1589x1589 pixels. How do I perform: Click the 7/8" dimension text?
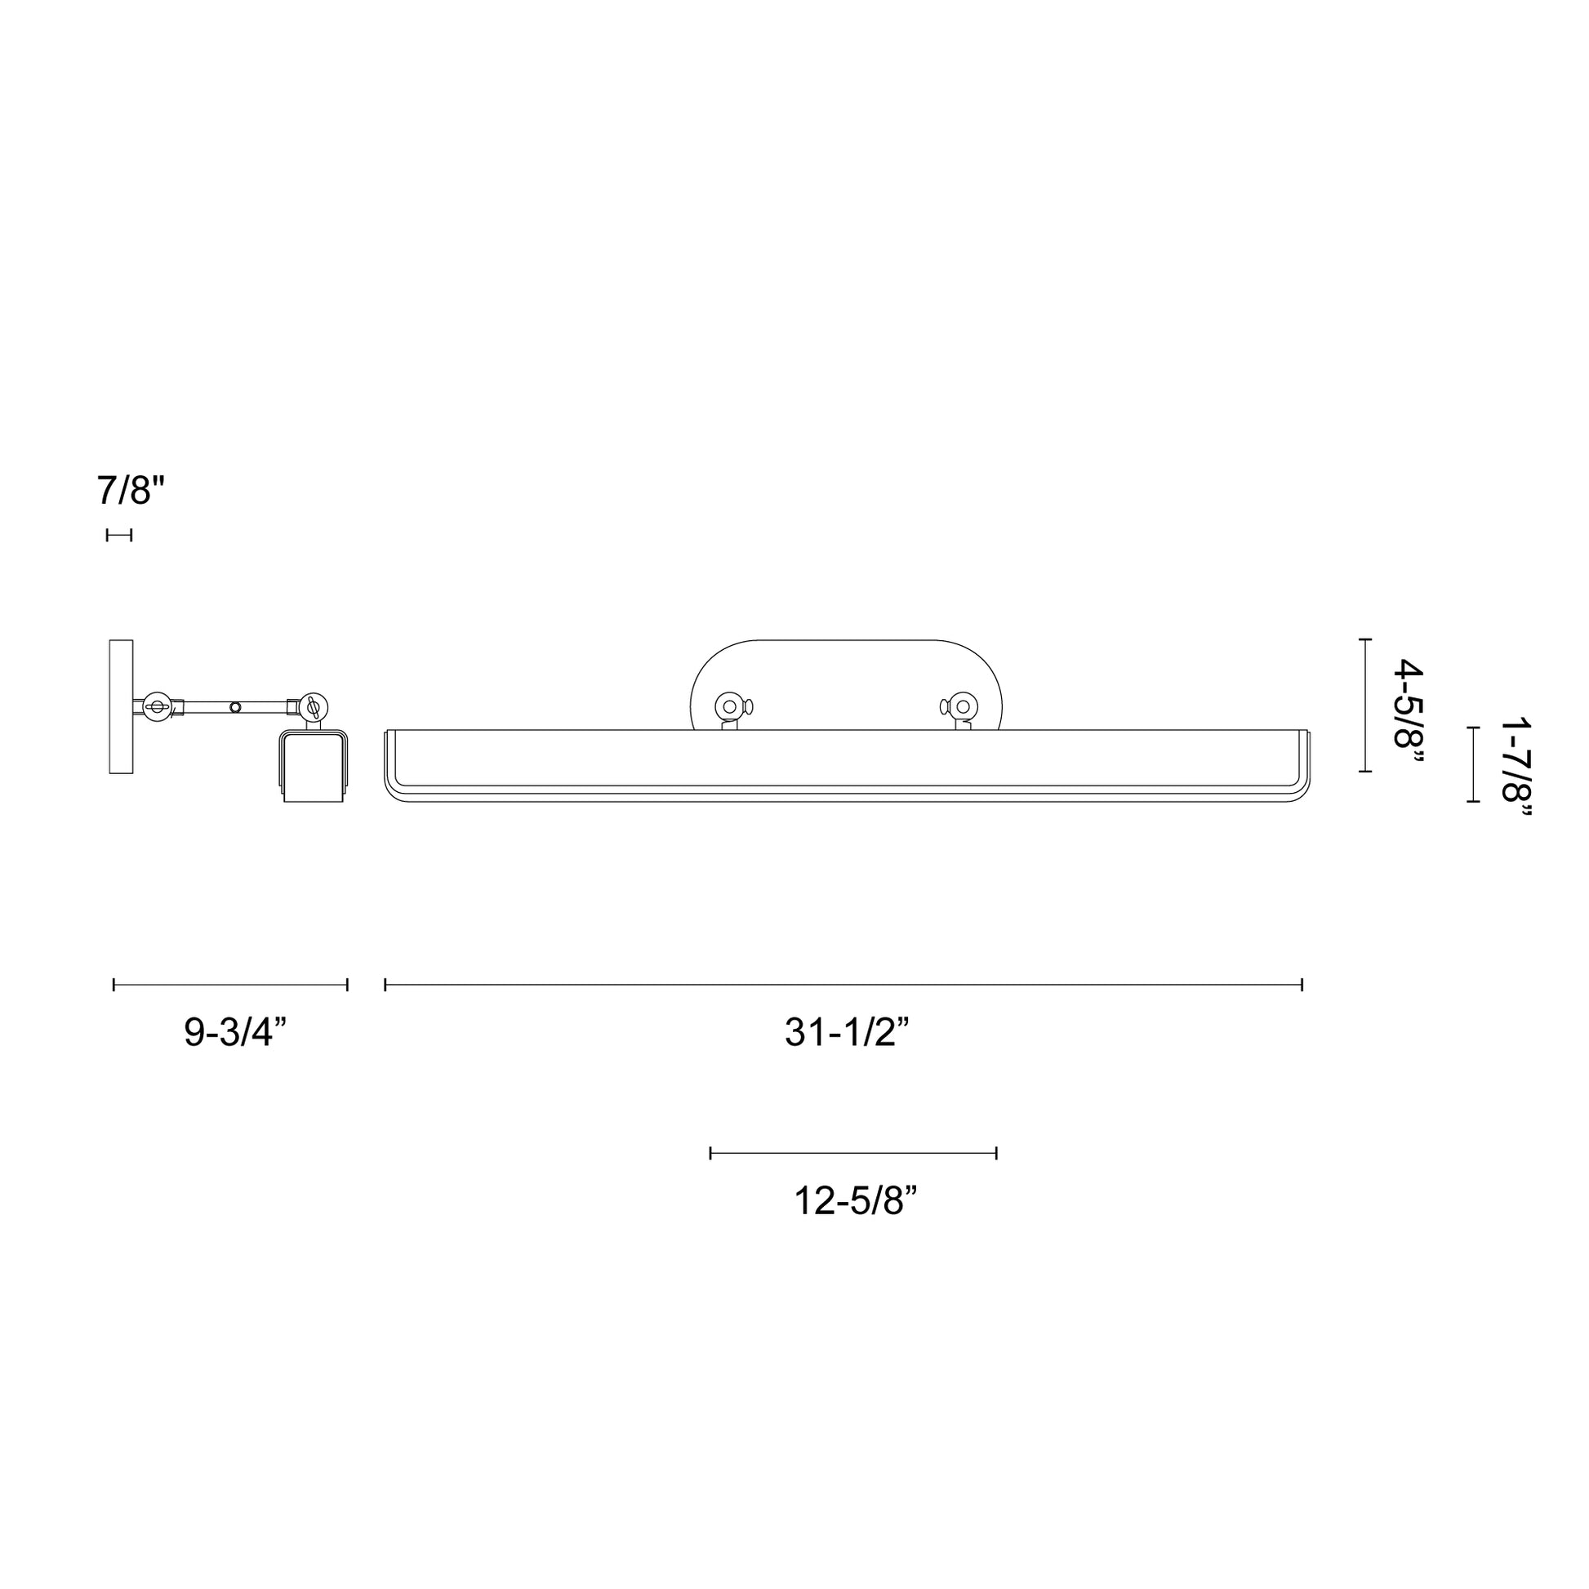coord(131,491)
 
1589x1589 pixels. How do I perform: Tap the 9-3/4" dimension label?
coord(234,1032)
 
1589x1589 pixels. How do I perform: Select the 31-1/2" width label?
coord(846,1032)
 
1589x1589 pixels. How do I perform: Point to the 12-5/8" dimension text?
coord(855,1201)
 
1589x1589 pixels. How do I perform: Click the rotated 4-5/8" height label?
coord(1406,713)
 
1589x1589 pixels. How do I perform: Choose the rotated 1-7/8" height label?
coord(1516,770)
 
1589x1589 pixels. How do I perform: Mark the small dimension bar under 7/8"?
coord(118,536)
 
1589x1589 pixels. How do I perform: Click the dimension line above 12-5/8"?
coord(853,1153)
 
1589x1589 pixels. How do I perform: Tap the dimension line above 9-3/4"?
coord(230,985)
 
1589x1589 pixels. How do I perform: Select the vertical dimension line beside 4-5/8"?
coord(1364,705)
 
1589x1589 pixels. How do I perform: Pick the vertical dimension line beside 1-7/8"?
coord(1473,764)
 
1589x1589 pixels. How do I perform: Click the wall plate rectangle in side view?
coord(121,706)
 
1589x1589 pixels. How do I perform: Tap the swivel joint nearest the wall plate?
coord(156,705)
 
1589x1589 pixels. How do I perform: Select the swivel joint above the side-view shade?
coord(313,705)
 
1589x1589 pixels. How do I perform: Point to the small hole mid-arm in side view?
coord(236,706)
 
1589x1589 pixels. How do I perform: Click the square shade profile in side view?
coord(313,767)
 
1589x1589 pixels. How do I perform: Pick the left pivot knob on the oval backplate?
coord(729,706)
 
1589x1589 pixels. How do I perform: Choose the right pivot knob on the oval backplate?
coord(961,706)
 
